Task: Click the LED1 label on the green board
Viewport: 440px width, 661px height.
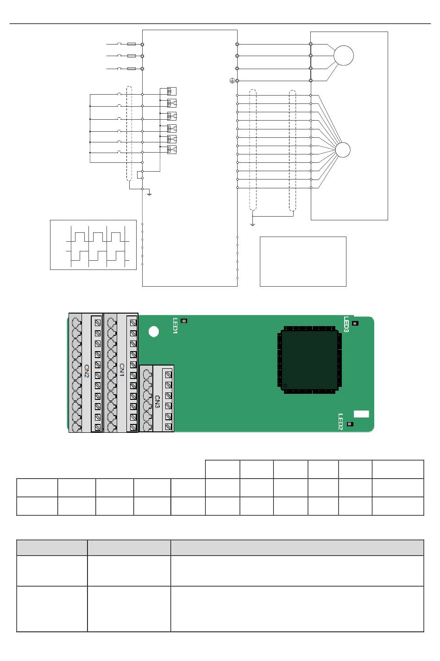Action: coord(176,326)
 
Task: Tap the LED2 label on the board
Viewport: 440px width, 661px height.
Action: coord(340,422)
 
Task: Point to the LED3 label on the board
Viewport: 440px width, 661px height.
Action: coord(346,324)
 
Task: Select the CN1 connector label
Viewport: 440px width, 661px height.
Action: coord(122,370)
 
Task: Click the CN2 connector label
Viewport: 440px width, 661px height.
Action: coord(87,371)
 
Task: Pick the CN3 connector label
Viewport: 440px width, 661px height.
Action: coord(157,402)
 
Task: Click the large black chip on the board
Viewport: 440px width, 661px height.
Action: coord(309,360)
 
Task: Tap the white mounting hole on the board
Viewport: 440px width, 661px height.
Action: coord(154,332)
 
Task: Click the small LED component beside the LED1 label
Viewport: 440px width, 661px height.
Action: coord(184,321)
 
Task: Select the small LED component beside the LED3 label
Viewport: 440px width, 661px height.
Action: coord(355,323)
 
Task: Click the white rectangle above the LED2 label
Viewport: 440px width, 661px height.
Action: coord(361,414)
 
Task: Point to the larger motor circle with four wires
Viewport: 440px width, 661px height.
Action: coord(344,56)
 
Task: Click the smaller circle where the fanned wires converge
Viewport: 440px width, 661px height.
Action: coord(343,150)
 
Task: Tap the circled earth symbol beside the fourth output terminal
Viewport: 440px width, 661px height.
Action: coord(232,81)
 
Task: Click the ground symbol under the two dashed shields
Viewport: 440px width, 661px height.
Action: coord(252,224)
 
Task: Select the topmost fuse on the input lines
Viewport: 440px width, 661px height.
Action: coord(132,44)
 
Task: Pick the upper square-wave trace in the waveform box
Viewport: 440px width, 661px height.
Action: coord(97,237)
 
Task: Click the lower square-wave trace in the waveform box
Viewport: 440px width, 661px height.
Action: coord(97,256)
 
